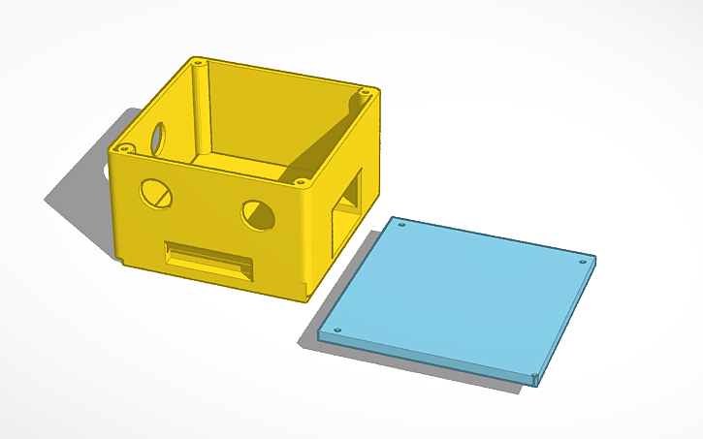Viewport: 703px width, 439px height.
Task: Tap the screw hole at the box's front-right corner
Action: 301,181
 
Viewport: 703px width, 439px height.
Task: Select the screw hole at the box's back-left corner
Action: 199,61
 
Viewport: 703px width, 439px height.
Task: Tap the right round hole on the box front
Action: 259,215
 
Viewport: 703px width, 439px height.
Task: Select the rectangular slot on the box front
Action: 209,260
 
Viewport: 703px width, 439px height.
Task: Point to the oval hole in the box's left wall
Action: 156,138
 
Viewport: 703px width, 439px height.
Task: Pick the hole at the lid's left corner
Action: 336,329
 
